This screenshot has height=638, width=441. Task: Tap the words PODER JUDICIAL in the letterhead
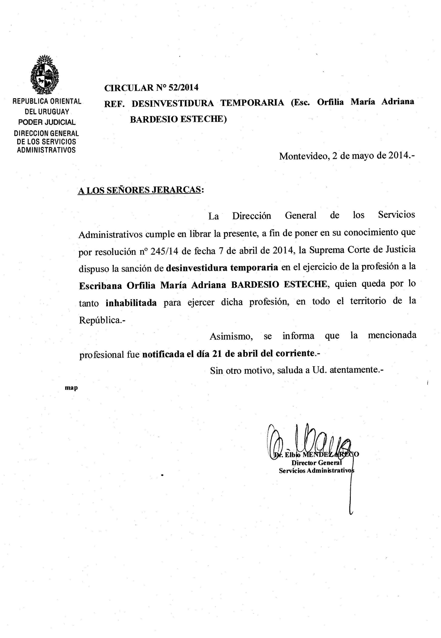coord(47,122)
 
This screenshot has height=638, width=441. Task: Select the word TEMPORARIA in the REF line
coord(252,103)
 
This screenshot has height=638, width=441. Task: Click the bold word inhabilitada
coord(131,303)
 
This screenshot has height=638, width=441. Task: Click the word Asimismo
coord(231,336)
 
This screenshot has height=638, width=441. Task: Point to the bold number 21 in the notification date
coord(218,354)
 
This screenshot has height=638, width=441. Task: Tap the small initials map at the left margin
coord(71,388)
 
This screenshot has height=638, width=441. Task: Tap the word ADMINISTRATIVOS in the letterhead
coord(46,150)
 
